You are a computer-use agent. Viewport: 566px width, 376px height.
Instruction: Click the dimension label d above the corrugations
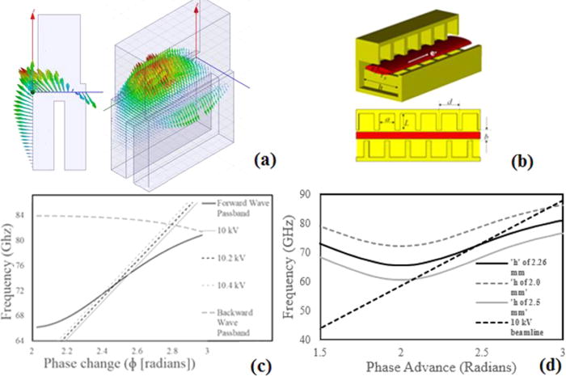pos(448,104)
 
